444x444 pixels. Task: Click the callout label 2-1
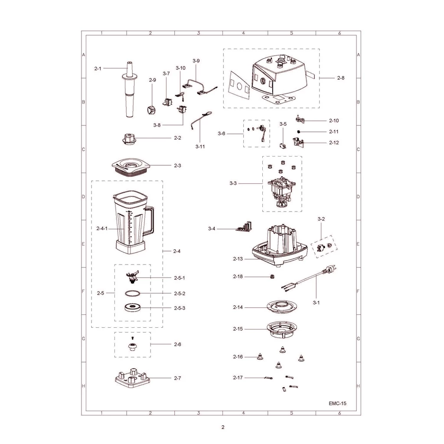tap(98, 69)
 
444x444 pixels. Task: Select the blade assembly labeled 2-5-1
tap(133, 277)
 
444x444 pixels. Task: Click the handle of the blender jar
tap(149, 220)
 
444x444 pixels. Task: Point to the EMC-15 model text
tap(337, 403)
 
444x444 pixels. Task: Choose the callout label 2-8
tap(341, 78)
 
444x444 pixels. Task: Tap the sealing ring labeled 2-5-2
tap(133, 294)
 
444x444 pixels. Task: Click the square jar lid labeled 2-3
tap(130, 168)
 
